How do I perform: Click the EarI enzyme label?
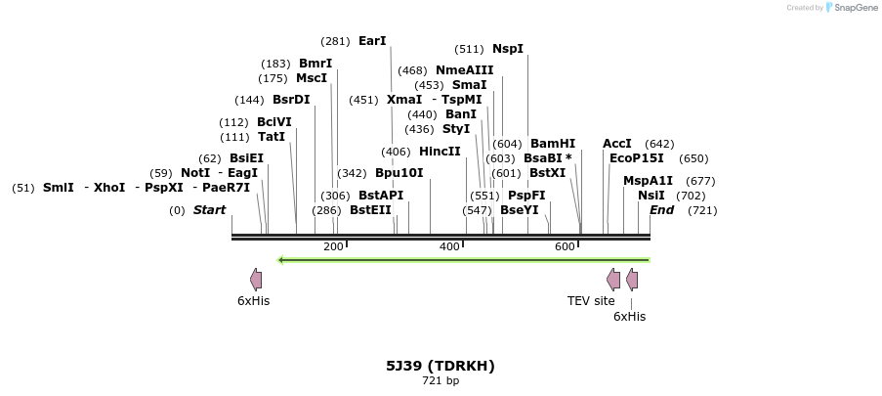point(372,41)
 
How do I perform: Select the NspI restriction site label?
point(508,49)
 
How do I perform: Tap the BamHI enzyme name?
point(553,144)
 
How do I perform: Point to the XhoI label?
point(109,188)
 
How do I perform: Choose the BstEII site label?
point(370,210)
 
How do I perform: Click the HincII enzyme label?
point(440,152)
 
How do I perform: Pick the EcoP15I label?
point(637,158)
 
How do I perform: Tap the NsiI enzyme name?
point(651,196)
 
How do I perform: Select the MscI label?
point(312,78)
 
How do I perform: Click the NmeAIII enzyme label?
point(465,70)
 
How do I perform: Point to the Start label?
point(209,210)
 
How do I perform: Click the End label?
point(662,210)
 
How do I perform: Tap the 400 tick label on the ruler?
point(449,246)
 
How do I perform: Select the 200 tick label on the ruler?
point(333,246)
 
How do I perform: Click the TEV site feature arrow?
point(613,280)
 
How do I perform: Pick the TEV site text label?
point(591,301)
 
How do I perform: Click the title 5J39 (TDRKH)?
point(441,366)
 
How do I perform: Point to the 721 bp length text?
point(441,380)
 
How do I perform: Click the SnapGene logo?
point(849,8)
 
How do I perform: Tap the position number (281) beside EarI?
point(335,41)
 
